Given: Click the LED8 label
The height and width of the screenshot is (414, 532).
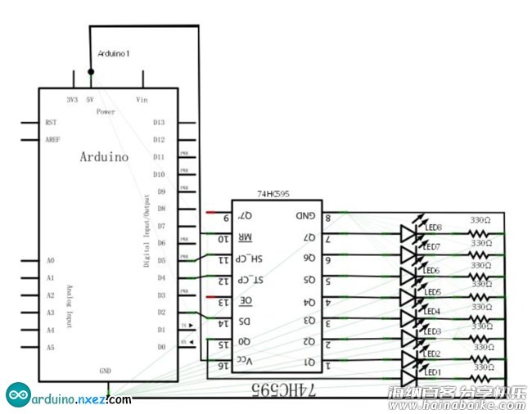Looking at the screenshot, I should tap(434, 227).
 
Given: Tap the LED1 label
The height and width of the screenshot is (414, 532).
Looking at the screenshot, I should tap(434, 372).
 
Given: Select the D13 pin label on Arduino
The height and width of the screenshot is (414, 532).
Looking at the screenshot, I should tap(159, 122).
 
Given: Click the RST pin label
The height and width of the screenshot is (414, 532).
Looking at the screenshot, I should tap(52, 122).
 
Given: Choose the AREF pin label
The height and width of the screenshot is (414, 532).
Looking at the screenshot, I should tap(53, 139).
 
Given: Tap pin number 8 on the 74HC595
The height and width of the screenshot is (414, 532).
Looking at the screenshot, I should tap(328, 218).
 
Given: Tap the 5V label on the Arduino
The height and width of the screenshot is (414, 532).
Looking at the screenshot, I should tap(91, 98).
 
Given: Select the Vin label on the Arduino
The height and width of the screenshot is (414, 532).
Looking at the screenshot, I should tap(142, 98).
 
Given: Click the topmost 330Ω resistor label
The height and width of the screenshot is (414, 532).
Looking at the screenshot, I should tap(480, 220).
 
